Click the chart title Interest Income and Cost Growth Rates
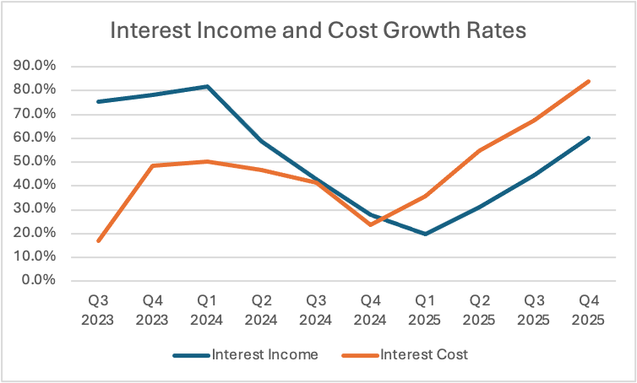point(318,31)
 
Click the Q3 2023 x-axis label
point(99,310)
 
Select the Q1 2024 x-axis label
point(207,310)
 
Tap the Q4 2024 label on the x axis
point(369,310)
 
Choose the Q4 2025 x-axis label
point(586,310)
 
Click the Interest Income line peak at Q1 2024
point(207,86)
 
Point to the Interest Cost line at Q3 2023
point(99,241)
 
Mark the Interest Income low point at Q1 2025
point(424,234)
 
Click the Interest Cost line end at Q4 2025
point(587,82)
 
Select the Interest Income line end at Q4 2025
point(587,138)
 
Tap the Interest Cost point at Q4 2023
point(153,165)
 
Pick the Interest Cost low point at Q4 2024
point(369,224)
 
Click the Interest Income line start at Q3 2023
point(99,101)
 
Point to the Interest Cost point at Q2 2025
point(478,151)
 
